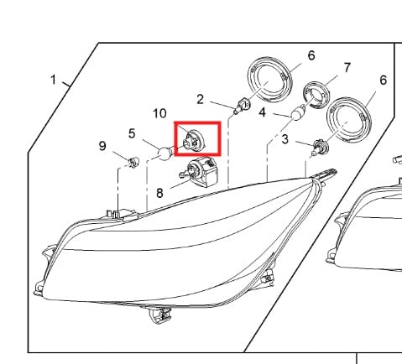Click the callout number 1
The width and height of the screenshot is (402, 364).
pyautogui.click(x=54, y=80)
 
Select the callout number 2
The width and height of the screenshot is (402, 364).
pyautogui.click(x=200, y=100)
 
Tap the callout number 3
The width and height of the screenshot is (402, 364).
pyautogui.click(x=285, y=139)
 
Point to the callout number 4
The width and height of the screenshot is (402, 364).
pyautogui.click(x=262, y=112)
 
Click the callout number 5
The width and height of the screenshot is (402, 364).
pyautogui.click(x=132, y=133)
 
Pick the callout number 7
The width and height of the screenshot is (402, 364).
pyautogui.click(x=347, y=68)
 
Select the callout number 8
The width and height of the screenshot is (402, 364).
pyautogui.click(x=159, y=193)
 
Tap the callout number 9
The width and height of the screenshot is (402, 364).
pyautogui.click(x=102, y=146)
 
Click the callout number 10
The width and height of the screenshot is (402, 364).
pyautogui.click(x=159, y=113)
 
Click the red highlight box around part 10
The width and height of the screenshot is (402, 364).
pyautogui.click(x=197, y=122)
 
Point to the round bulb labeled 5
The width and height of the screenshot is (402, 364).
pyautogui.click(x=164, y=153)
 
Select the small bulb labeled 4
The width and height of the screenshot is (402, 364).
pyautogui.click(x=298, y=114)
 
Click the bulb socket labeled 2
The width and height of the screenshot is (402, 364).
pyautogui.click(x=242, y=106)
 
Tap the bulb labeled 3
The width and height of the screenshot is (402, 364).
pyautogui.click(x=319, y=147)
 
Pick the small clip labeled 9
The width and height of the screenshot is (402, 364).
pyautogui.click(x=133, y=162)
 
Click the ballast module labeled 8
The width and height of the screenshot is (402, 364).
pyautogui.click(x=200, y=172)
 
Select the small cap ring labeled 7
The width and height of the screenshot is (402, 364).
pyautogui.click(x=316, y=94)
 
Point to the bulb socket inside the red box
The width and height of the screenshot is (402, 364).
pyautogui.click(x=193, y=141)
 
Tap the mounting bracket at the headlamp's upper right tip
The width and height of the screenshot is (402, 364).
pyautogui.click(x=326, y=175)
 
